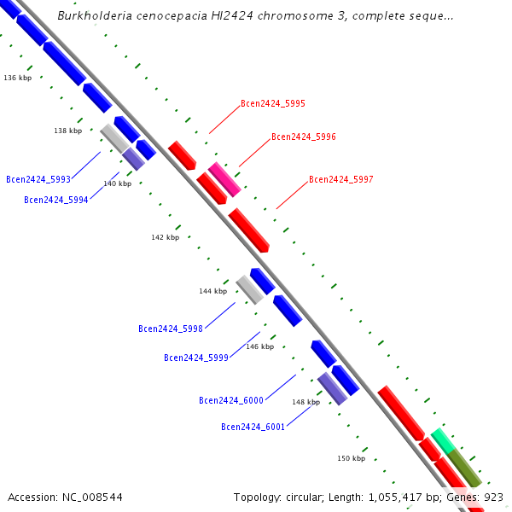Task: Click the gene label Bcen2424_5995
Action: [x=272, y=103]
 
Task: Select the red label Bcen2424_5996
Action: [x=303, y=137]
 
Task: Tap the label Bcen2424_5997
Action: [x=340, y=179]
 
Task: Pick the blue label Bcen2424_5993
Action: [x=38, y=179]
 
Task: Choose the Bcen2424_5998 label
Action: [x=170, y=329]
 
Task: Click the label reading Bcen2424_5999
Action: [x=195, y=358]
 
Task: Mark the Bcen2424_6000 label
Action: [x=230, y=400]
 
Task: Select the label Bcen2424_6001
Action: [x=253, y=427]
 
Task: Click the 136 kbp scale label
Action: [x=17, y=78]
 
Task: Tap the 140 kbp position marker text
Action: [x=117, y=183]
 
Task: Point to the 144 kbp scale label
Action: [x=212, y=291]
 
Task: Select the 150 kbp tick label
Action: [x=351, y=458]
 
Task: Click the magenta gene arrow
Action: [x=225, y=178]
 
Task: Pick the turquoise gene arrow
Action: [x=442, y=440]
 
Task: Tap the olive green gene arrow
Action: [x=465, y=468]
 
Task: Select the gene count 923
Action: [x=494, y=497]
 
